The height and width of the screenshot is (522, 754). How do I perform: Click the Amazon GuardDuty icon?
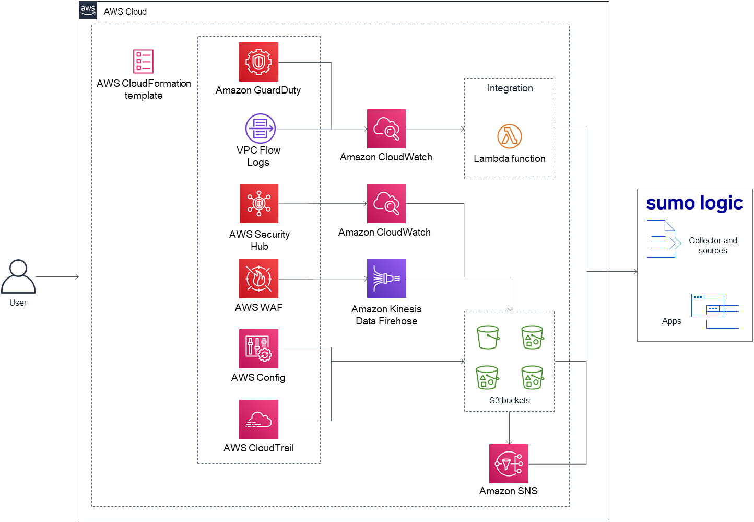click(258, 62)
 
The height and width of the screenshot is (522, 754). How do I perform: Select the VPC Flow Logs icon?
click(260, 129)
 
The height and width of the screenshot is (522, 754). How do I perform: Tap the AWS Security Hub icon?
click(259, 203)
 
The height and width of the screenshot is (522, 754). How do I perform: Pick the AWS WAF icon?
click(258, 279)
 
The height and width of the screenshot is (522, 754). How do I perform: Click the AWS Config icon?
click(258, 349)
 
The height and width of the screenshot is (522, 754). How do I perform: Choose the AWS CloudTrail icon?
click(258, 419)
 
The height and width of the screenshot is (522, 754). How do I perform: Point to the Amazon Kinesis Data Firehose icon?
click(386, 279)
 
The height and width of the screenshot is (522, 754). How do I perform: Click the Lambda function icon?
click(510, 136)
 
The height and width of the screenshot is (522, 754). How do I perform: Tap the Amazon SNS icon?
click(509, 463)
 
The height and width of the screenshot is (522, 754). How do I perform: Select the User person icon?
click(18, 276)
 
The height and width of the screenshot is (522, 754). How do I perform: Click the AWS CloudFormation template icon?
click(143, 61)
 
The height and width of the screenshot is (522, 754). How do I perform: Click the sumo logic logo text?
click(694, 203)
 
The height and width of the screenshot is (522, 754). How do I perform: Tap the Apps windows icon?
click(715, 311)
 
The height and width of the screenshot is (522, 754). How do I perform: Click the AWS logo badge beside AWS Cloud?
click(88, 10)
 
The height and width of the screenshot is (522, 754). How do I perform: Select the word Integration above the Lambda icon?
click(510, 88)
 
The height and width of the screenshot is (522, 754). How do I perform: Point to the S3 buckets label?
click(509, 400)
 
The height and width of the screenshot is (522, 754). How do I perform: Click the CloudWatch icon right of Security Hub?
click(386, 203)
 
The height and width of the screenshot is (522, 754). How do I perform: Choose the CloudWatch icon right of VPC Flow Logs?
click(386, 129)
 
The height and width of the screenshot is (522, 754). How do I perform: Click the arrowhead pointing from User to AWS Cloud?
click(77, 276)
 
